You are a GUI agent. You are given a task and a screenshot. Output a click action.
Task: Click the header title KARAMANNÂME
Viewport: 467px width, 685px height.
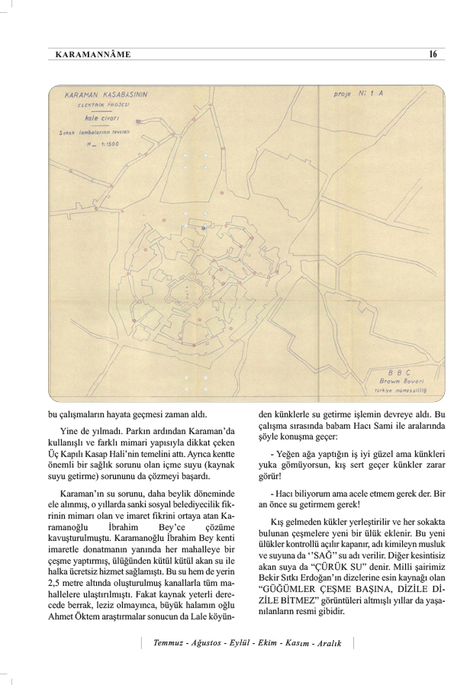[x=94, y=55]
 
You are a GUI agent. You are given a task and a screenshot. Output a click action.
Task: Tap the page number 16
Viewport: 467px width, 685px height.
[x=433, y=55]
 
